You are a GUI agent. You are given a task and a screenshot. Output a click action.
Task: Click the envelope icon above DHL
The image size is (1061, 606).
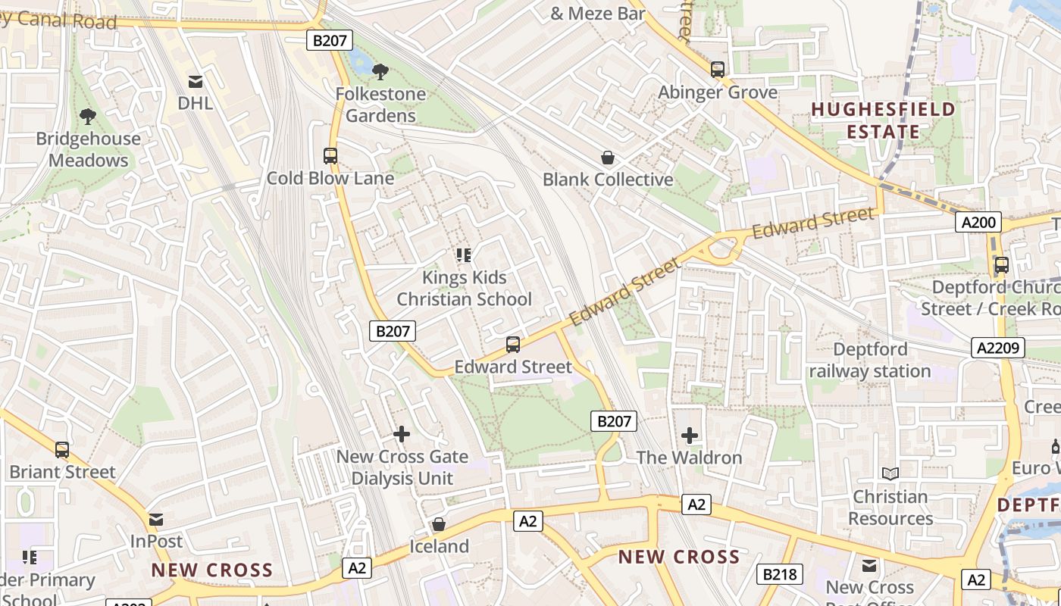(x=196, y=81)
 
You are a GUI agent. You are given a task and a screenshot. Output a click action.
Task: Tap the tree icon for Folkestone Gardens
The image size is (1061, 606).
(x=380, y=72)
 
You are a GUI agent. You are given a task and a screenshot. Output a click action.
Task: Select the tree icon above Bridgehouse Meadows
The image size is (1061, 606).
(x=88, y=117)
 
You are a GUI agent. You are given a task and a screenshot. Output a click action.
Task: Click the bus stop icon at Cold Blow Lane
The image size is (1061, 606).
(x=330, y=156)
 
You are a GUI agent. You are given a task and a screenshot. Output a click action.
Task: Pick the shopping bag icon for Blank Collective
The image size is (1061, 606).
(x=607, y=158)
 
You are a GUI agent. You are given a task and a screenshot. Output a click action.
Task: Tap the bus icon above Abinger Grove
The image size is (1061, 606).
(x=718, y=70)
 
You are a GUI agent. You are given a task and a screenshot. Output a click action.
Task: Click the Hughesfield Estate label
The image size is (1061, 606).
(x=884, y=120)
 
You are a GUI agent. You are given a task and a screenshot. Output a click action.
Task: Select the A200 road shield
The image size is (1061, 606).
(x=978, y=222)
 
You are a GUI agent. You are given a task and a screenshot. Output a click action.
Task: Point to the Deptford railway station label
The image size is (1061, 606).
(x=870, y=360)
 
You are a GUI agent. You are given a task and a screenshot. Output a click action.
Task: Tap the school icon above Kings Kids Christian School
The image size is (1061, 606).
(x=464, y=255)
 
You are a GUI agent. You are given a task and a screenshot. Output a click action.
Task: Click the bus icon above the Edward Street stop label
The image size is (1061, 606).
(x=513, y=345)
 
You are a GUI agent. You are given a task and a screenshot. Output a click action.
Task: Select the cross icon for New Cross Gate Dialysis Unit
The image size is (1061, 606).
(x=402, y=434)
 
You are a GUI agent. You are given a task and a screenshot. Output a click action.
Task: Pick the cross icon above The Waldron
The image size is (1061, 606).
(x=689, y=436)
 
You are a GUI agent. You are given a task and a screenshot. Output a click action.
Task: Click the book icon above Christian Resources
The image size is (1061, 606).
(x=890, y=474)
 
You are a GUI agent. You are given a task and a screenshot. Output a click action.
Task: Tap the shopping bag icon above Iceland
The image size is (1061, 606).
(x=438, y=524)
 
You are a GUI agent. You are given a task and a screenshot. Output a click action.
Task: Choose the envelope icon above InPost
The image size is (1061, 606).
(x=156, y=520)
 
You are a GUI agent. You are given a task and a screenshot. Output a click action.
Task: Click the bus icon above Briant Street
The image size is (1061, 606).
(x=62, y=450)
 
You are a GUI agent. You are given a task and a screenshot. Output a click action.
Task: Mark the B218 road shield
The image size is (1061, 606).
(x=779, y=574)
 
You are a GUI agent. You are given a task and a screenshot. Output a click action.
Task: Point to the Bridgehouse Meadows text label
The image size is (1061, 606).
(x=89, y=149)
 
